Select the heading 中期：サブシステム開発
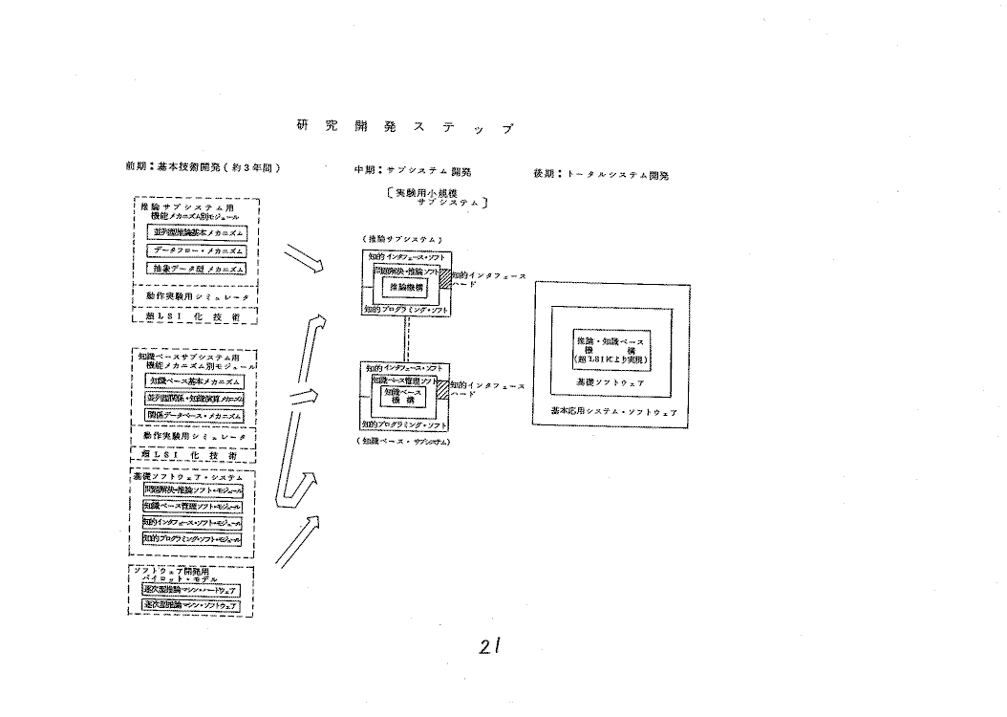click(412, 172)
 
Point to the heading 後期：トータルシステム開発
click(601, 175)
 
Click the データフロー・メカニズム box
click(196, 250)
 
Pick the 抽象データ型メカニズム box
click(196, 269)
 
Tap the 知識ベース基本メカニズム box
click(195, 380)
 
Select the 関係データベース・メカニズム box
click(195, 415)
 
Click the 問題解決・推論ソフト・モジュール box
click(191, 489)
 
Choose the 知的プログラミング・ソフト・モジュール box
click(191, 539)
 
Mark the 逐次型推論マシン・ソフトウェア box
click(190, 605)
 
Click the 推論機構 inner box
click(407, 286)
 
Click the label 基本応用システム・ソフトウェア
click(613, 411)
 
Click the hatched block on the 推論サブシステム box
click(442, 275)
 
